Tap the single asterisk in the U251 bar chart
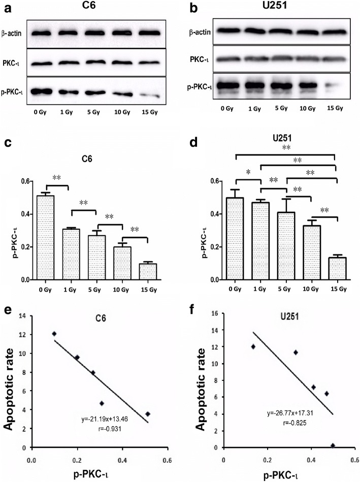click(247, 187)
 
